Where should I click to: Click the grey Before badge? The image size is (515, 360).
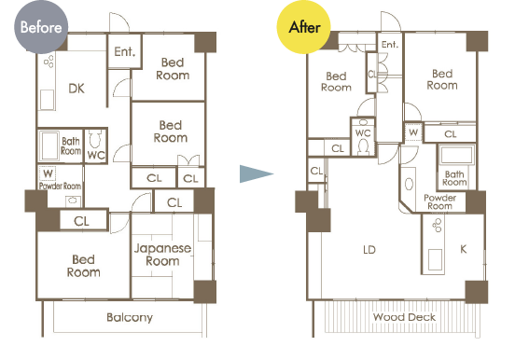point(41,27)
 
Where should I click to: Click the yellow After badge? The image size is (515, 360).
point(304,27)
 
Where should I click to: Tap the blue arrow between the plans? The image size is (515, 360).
point(257,173)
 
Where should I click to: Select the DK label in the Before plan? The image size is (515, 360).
point(77,89)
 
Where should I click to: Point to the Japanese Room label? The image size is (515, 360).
point(162,255)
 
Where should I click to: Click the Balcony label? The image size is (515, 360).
point(130,317)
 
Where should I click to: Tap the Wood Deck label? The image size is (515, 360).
point(404,317)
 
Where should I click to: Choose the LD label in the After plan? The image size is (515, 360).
point(369,250)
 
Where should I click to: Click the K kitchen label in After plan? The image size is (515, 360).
point(464,249)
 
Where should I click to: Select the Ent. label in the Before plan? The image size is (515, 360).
point(125,51)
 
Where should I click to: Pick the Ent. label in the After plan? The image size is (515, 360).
point(390,45)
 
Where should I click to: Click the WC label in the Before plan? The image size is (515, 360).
point(96,155)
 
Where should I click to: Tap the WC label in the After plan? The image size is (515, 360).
point(363,133)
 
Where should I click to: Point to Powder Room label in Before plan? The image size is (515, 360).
point(60,186)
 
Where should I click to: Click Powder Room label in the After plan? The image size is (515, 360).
point(439,201)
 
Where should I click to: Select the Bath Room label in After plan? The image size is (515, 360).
point(454,178)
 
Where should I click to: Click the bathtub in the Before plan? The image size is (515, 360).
point(49,145)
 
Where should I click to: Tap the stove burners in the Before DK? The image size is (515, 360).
point(49,62)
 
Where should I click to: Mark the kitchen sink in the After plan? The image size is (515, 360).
point(435,260)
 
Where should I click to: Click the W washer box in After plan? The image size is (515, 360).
point(413,132)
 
